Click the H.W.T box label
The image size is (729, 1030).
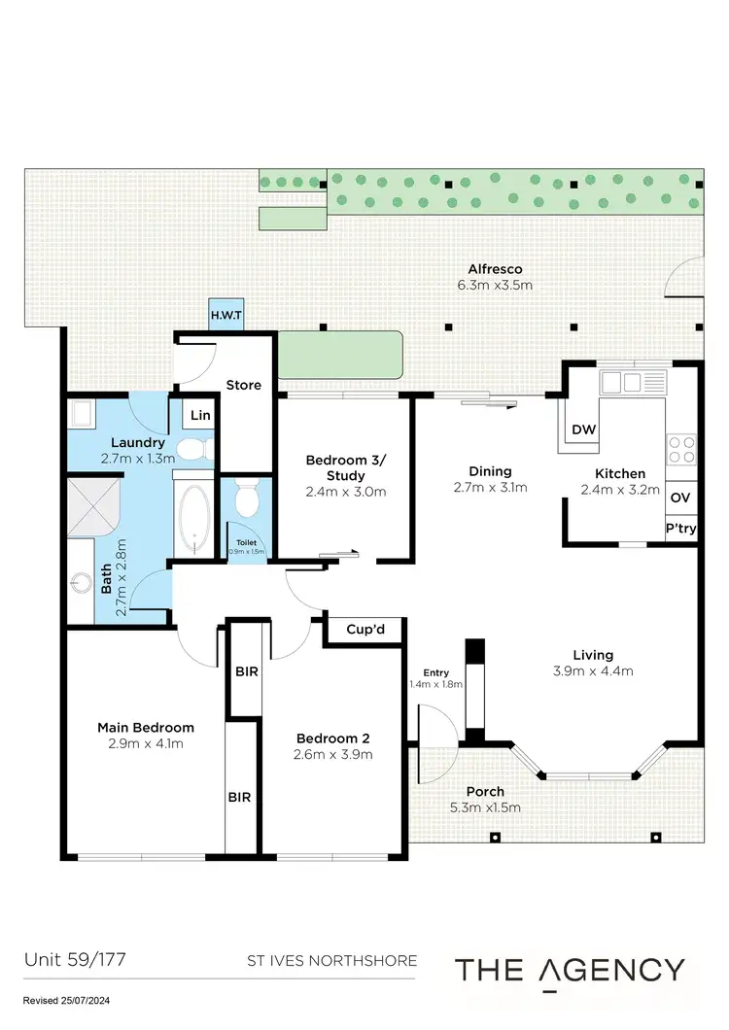tap(227, 315)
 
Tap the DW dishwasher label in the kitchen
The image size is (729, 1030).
tap(583, 429)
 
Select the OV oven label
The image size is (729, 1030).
tap(680, 498)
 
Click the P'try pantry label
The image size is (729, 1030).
tap(679, 529)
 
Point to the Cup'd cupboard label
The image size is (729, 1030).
tap(365, 630)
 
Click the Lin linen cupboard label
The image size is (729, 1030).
tap(200, 415)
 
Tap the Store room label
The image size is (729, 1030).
tap(243, 385)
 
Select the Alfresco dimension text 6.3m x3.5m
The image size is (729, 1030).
tap(495, 286)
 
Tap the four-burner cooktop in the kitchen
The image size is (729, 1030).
tap(681, 449)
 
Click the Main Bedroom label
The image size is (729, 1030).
tap(146, 727)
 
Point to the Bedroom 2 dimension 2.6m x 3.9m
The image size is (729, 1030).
tap(333, 754)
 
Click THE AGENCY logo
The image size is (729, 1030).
tap(571, 970)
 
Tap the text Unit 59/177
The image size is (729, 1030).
tap(74, 960)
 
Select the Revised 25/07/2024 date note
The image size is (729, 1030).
tap(68, 1000)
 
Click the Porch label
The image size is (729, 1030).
tap(483, 791)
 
